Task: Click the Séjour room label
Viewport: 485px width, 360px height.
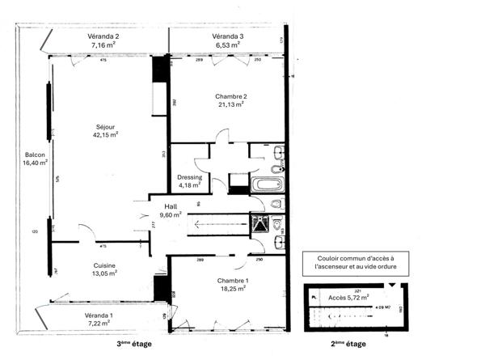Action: coord(105,126)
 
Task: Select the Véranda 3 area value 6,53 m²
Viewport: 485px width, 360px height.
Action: coord(227,46)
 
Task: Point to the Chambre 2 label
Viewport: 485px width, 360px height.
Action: coord(230,95)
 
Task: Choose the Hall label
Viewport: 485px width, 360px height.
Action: coord(171,206)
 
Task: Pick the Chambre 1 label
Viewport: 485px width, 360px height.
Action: coord(232,280)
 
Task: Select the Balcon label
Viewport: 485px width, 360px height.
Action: coord(35,155)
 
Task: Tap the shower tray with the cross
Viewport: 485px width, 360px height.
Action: coord(259,222)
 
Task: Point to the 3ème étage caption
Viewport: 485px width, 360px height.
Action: coord(133,344)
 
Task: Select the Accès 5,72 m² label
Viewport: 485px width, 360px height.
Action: coord(348,297)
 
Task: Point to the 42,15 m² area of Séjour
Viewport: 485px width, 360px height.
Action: coord(105,135)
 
